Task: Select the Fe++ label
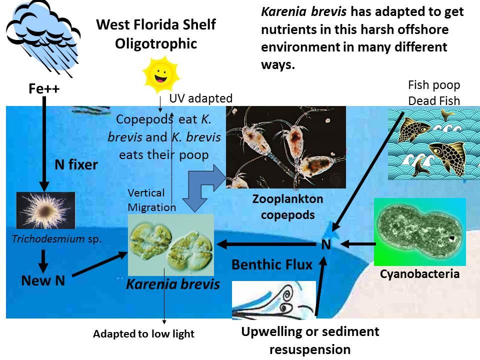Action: click(43, 89)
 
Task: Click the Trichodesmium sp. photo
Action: click(45, 210)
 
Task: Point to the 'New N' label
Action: click(43, 280)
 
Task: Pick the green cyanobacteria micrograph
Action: click(419, 231)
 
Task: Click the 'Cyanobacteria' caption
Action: click(419, 274)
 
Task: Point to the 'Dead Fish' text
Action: click(433, 100)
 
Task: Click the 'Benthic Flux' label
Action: click(271, 264)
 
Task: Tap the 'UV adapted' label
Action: click(200, 98)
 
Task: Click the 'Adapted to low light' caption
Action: click(143, 334)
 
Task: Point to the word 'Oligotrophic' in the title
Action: click(155, 43)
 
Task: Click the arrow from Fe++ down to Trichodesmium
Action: click(44, 145)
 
